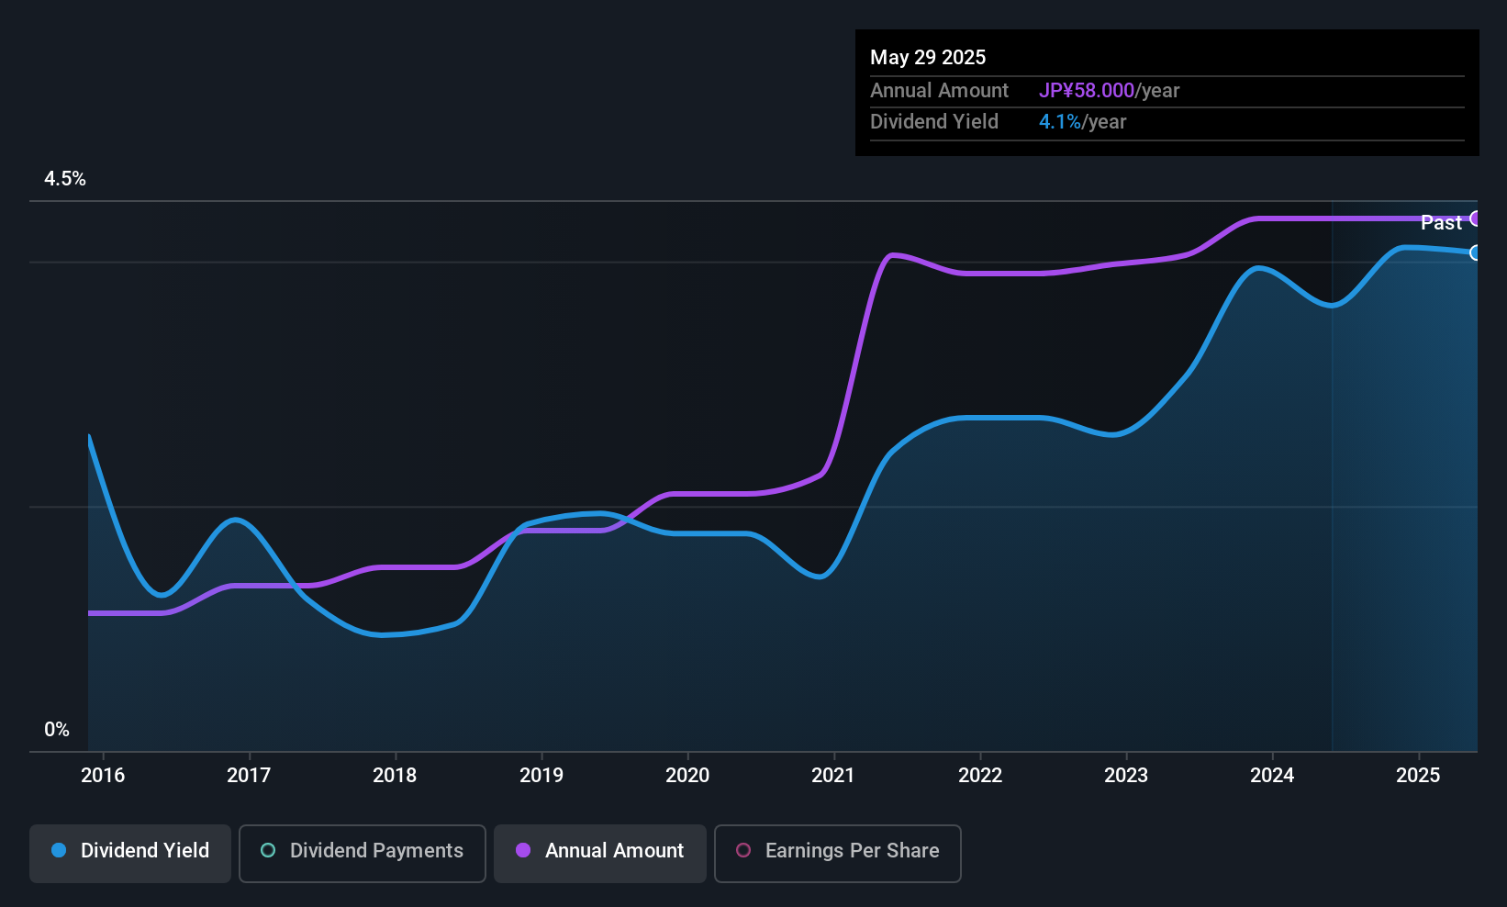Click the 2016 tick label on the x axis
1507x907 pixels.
click(103, 775)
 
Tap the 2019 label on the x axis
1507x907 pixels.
click(541, 775)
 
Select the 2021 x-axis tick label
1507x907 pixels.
click(833, 775)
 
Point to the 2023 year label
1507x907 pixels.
click(1126, 775)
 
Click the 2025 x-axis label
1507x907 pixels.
click(1418, 775)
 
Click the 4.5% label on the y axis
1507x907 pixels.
click(65, 179)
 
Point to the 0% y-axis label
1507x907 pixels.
click(57, 730)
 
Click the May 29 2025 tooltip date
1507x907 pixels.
click(928, 57)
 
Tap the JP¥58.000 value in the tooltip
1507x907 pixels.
click(1087, 91)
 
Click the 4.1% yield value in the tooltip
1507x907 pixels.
click(1060, 122)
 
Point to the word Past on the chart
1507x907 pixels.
click(1441, 222)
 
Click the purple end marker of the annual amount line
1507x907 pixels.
click(1476, 218)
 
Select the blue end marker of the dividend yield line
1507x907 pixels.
click(1476, 252)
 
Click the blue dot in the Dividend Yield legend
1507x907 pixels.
click(59, 850)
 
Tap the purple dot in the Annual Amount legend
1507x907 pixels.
click(523, 850)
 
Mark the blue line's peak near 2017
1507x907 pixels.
click(236, 520)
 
